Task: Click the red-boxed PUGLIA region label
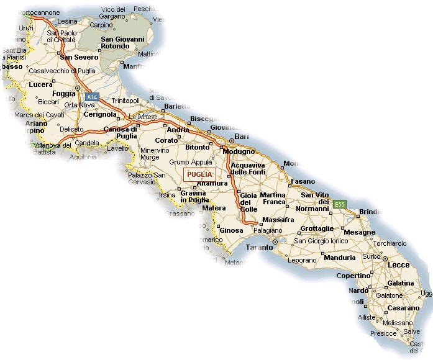(x=199, y=174)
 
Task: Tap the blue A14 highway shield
(x=93, y=97)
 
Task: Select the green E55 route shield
(x=339, y=204)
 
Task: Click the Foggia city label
(x=63, y=94)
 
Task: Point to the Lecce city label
(x=398, y=265)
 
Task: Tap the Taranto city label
(x=259, y=247)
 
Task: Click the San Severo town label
(x=79, y=57)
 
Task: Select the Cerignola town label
(x=100, y=114)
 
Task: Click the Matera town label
(x=214, y=208)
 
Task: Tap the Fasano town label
(x=303, y=181)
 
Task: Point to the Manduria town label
(x=339, y=257)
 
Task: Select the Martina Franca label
(x=273, y=199)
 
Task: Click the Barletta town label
(x=177, y=107)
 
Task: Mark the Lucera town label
(x=41, y=84)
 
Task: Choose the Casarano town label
(x=404, y=308)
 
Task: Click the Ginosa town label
(x=232, y=230)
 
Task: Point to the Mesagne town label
(x=359, y=232)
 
